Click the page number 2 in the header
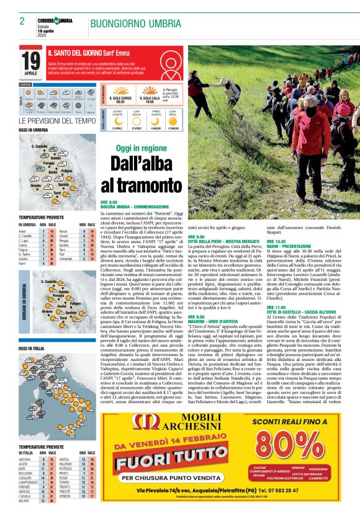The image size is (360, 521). tap(22, 21)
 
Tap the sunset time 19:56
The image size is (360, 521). tap(150, 101)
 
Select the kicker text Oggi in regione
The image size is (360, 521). tap(141, 148)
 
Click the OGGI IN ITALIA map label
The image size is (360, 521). tap(33, 349)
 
